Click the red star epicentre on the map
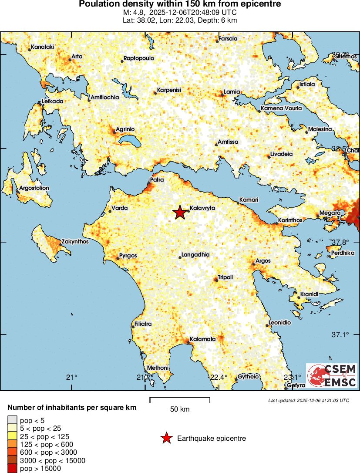click(179, 213)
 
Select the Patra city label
click(157, 179)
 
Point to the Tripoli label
click(225, 277)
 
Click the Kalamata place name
click(202, 339)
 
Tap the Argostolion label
click(34, 188)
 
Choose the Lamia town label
click(232, 92)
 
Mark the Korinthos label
click(290, 220)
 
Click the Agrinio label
click(125, 130)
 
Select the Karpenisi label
click(169, 90)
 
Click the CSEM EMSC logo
click(332, 375)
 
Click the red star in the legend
click(166, 438)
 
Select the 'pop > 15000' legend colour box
click(12, 469)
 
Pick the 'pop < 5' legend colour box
click(12, 420)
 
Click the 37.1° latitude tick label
click(340, 334)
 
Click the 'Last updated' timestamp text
click(309, 400)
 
